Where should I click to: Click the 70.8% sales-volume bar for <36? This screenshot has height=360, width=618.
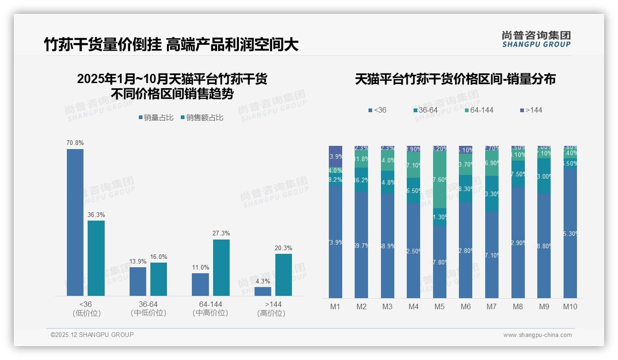(75, 222)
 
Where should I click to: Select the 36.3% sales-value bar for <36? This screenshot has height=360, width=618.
(96, 258)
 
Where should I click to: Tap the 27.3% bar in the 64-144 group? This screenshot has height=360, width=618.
(221, 268)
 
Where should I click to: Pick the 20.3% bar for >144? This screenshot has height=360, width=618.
(283, 275)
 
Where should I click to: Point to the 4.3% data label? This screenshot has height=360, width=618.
(262, 281)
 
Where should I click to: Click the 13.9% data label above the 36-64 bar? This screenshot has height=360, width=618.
(138, 261)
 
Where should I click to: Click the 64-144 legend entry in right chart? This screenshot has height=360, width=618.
(481, 110)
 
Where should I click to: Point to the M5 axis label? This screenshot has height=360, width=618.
(440, 306)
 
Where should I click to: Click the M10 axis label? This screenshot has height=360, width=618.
(570, 306)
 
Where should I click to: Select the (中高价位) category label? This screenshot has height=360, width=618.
(210, 313)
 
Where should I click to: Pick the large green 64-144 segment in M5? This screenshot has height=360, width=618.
(440, 180)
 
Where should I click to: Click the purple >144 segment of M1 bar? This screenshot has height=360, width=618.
(335, 156)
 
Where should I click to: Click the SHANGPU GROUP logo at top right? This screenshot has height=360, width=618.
(536, 39)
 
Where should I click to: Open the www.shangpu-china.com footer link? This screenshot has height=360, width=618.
(537, 335)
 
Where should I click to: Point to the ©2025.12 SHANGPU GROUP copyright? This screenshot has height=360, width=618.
(92, 335)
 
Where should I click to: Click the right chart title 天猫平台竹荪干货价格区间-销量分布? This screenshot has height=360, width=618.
(455, 79)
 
